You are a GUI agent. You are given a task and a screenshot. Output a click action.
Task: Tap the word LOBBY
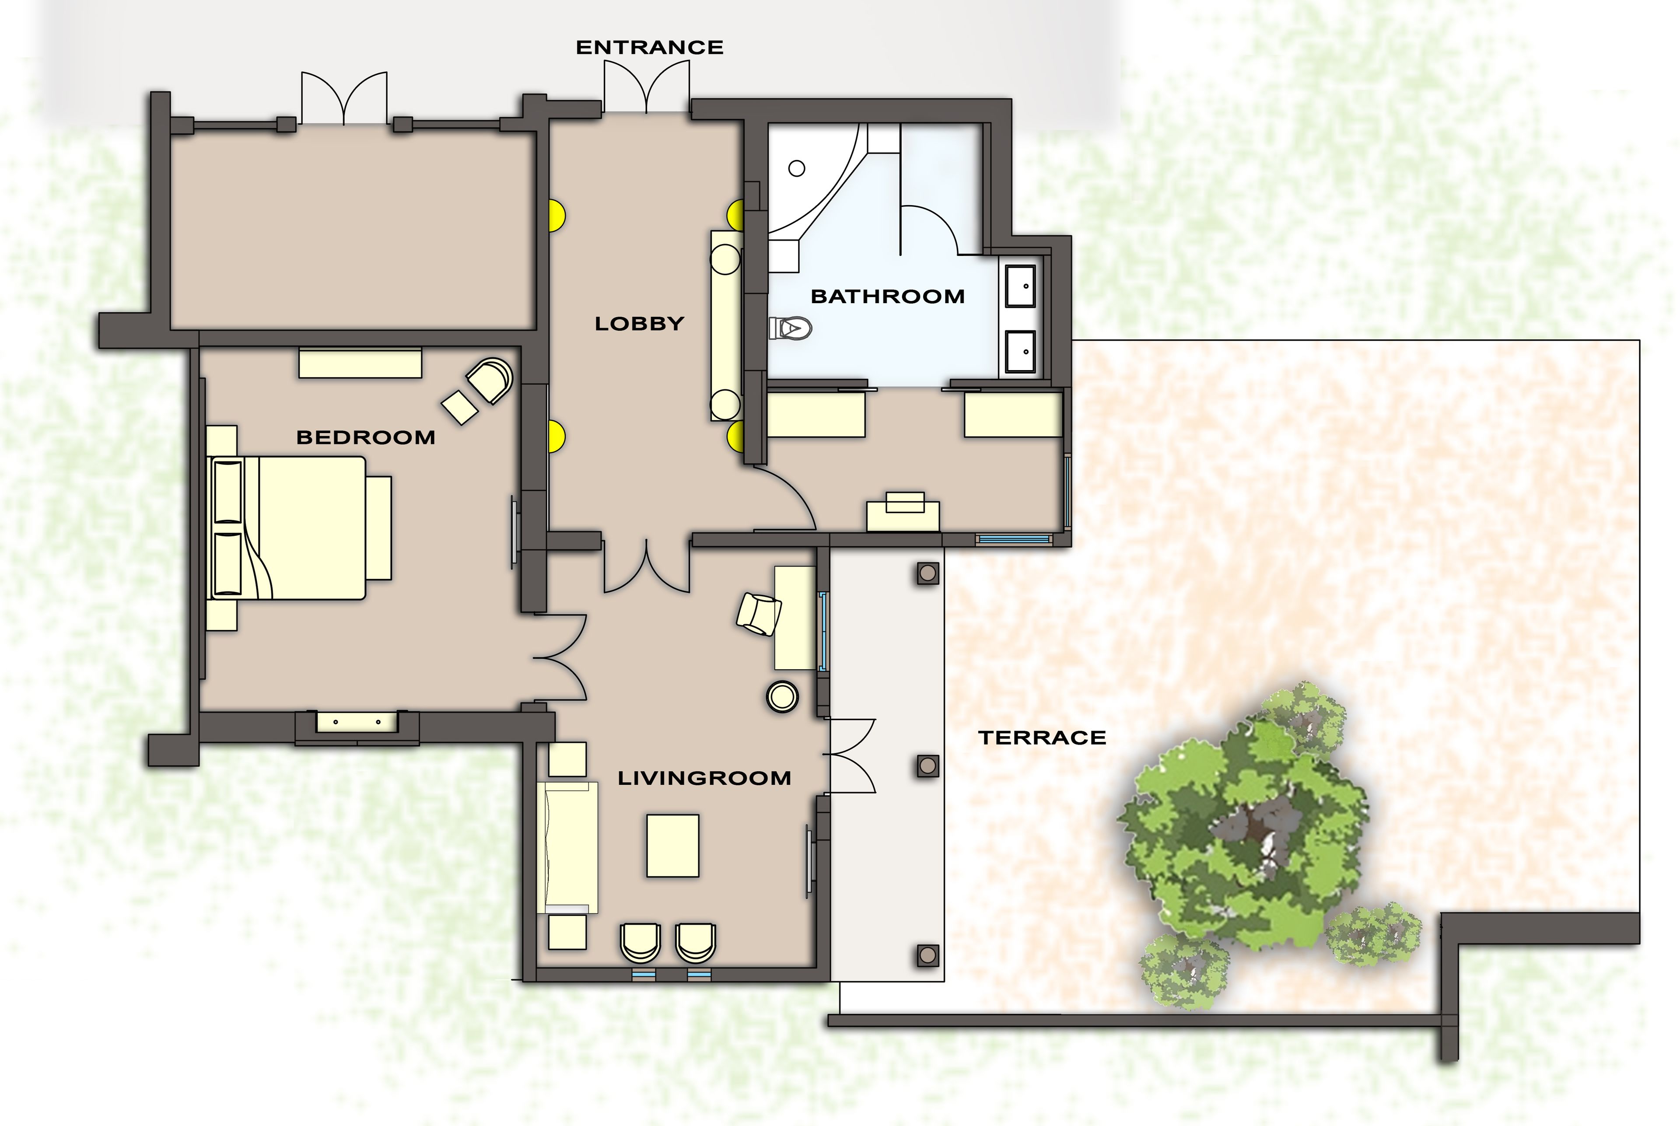coord(638,324)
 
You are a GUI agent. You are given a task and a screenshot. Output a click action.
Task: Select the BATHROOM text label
coord(887,297)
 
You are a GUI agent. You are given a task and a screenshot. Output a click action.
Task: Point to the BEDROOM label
coord(366,437)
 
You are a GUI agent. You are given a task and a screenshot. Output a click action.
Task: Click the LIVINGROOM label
coord(704,778)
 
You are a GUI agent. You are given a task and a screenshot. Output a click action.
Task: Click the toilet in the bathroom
coord(791,329)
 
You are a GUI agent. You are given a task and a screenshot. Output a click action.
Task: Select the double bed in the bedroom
coord(302,528)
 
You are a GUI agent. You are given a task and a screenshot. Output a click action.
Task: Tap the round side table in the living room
coord(782,696)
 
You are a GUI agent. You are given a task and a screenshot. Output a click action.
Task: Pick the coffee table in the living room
coord(672,845)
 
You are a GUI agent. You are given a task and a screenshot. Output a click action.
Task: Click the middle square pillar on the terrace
coord(928,766)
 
